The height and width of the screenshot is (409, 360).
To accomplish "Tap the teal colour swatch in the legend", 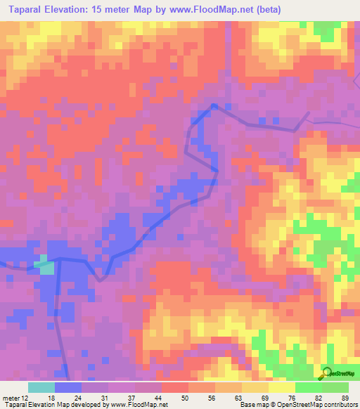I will tap(41, 387).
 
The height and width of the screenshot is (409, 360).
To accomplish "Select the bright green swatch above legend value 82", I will tap(309, 387).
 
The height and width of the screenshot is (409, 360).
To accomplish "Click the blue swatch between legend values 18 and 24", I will tap(68, 387).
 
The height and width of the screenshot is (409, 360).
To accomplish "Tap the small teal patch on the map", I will tap(46, 268).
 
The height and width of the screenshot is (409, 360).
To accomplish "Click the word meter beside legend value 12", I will tap(12, 397).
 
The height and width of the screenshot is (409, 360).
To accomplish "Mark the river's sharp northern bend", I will tap(212, 106).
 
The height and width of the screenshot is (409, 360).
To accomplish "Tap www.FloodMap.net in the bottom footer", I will tap(138, 405).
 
